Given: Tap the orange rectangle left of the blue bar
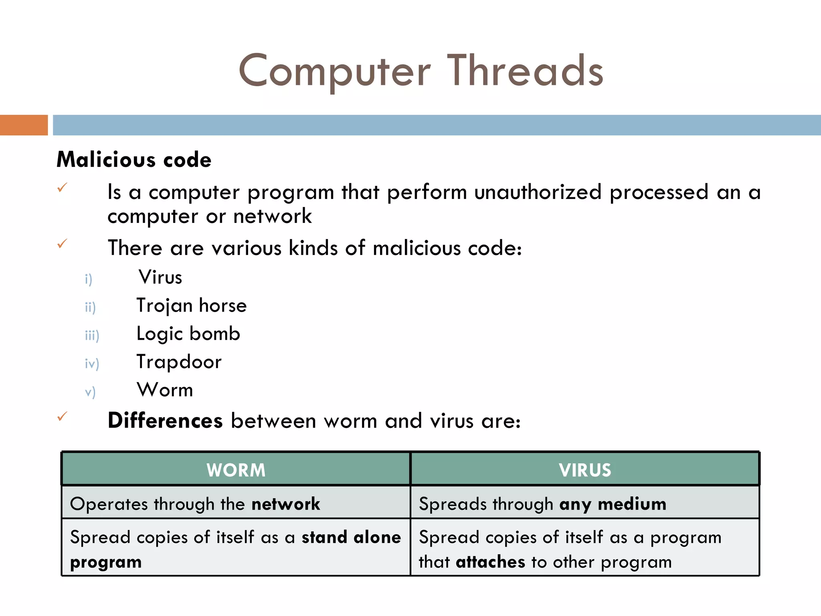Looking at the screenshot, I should pyautogui.click(x=24, y=125).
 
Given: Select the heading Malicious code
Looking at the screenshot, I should pyautogui.click(x=134, y=160).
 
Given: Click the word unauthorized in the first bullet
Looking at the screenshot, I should pyautogui.click(x=538, y=192).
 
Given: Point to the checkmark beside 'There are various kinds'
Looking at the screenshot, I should pyautogui.click(x=62, y=244).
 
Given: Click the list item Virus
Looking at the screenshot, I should pyautogui.click(x=160, y=278).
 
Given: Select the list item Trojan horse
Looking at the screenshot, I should pyautogui.click(x=191, y=306).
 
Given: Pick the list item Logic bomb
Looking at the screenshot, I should pyautogui.click(x=188, y=334).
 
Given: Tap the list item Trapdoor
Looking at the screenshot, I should pyautogui.click(x=179, y=362).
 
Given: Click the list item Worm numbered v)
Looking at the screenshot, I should pyautogui.click(x=165, y=390).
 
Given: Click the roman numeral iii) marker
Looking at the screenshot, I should pyautogui.click(x=92, y=335).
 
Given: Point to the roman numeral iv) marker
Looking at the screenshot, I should pyautogui.click(x=92, y=363).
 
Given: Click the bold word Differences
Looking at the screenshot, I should pyautogui.click(x=165, y=421).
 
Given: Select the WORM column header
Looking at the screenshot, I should pyautogui.click(x=236, y=470).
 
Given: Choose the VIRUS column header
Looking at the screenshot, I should pyautogui.click(x=585, y=470).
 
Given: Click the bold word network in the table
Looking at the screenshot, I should pyautogui.click(x=285, y=504).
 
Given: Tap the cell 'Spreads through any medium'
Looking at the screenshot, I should pyautogui.click(x=542, y=504).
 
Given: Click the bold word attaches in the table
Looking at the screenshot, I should pyautogui.click(x=490, y=562).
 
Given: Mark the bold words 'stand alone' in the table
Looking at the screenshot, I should pyautogui.click(x=351, y=537).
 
